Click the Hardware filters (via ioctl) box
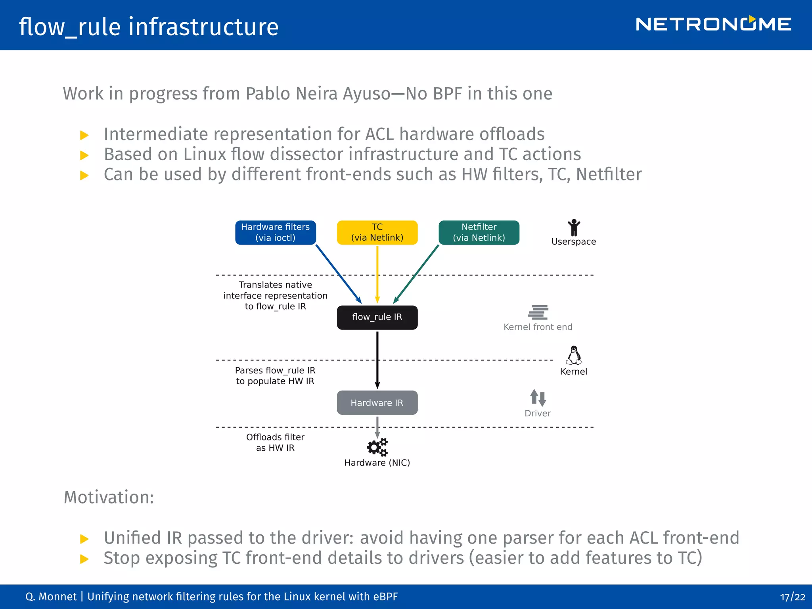275,232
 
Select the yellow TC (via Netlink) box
377,232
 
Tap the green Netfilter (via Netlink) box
479,232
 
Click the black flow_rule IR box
377,317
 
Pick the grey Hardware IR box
377,403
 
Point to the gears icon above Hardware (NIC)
377,447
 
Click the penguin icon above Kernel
574,355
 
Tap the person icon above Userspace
574,228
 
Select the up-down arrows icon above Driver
538,397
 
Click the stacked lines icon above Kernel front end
538,312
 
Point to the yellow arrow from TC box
377,274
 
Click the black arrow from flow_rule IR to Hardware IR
377,359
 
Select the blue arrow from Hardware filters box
338,274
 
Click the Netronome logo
713,25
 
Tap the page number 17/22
792,597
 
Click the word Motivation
109,497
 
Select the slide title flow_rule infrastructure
149,27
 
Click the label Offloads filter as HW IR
275,442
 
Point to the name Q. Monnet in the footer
51,597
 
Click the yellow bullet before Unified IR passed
84,539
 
